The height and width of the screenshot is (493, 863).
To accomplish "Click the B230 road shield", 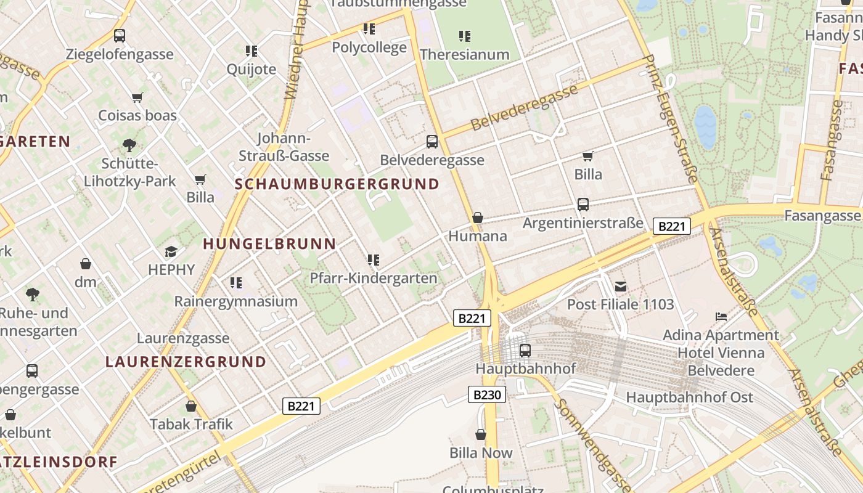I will (487, 394).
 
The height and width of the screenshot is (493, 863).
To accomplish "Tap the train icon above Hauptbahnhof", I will (525, 350).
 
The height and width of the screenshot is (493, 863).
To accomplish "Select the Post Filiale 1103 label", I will (620, 304).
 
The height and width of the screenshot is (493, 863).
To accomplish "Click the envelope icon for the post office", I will (620, 286).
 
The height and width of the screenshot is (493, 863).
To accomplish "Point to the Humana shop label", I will (478, 236).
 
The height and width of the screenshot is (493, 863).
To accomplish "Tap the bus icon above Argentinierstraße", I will (583, 205).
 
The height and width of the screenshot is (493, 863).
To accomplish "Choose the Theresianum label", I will (464, 54).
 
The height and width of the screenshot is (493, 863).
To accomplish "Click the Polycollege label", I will (369, 47).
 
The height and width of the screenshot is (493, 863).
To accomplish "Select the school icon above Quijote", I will (251, 51).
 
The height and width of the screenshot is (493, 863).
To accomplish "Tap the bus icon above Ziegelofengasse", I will (120, 36).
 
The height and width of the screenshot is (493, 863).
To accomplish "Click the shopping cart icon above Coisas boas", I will (137, 97).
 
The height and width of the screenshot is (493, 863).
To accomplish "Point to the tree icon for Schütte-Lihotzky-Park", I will (129, 145).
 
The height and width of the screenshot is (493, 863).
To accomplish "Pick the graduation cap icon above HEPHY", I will (171, 251).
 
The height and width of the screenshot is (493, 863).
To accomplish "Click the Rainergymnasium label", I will (235, 301).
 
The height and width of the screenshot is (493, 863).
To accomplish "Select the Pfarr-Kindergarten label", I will (373, 278).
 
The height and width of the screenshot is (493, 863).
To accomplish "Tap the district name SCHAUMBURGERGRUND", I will (337, 184).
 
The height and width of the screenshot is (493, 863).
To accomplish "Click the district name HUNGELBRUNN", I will (269, 244).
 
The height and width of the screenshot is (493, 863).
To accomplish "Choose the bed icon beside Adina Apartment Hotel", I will (721, 317).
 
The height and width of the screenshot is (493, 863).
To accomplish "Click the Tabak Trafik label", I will (191, 424).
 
